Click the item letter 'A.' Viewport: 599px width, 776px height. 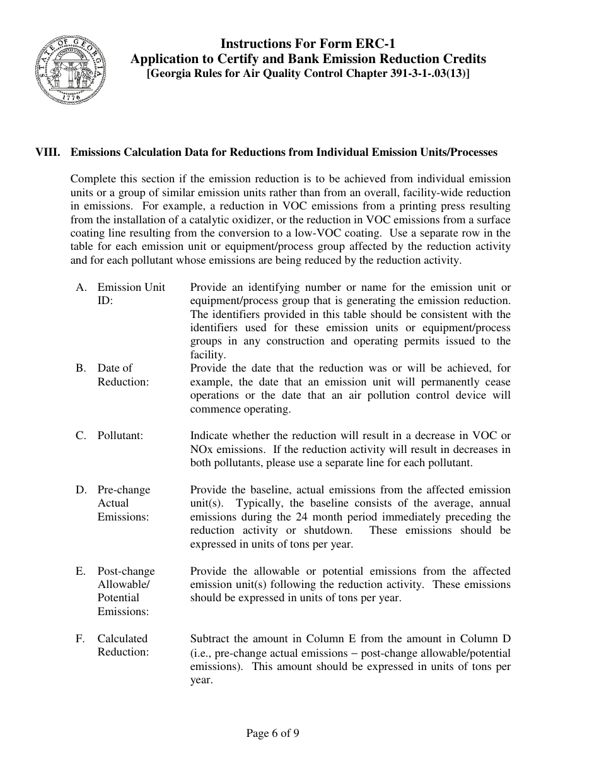[81, 287]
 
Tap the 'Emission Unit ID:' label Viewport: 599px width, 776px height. [131, 294]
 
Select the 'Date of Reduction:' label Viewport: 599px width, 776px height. [123, 375]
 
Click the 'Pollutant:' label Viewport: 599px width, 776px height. [120, 436]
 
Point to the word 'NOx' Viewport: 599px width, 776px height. [202, 449]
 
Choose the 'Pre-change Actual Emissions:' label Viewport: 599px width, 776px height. [124, 503]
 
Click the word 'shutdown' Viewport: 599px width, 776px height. [325, 530]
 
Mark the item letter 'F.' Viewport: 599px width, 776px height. [81, 638]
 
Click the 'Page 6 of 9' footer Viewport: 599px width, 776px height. [272, 733]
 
